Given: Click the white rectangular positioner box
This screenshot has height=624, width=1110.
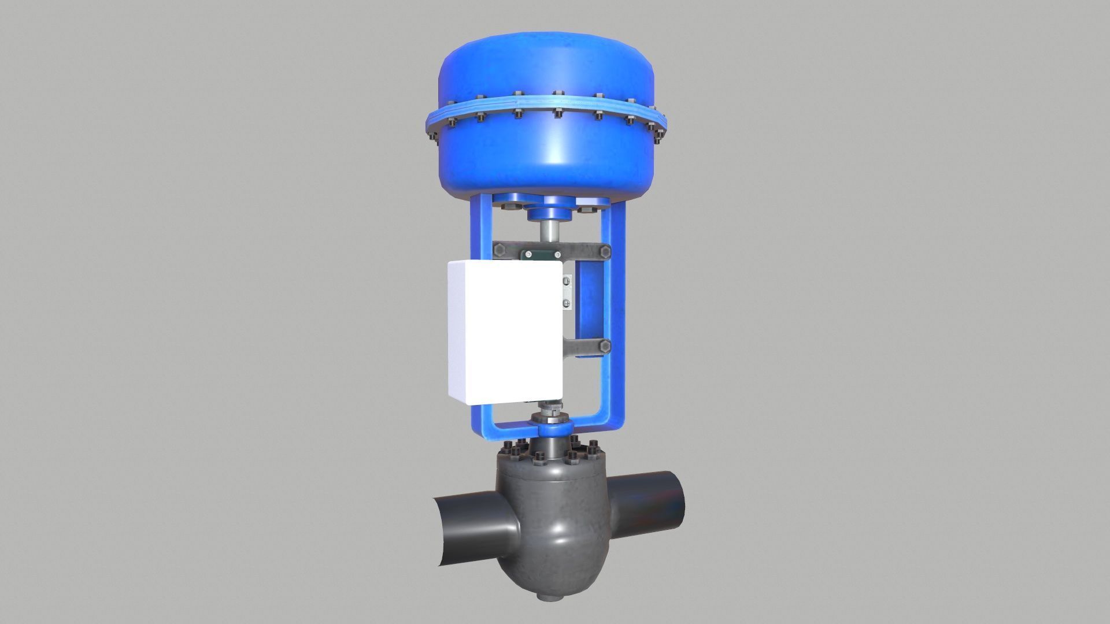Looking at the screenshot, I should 505,332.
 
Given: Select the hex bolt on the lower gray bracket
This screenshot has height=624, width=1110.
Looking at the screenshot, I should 605,346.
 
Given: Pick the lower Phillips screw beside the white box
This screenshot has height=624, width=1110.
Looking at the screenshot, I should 567,303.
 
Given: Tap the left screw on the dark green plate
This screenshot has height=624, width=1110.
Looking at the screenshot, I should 528,254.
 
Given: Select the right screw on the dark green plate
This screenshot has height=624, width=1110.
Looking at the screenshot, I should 557,254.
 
